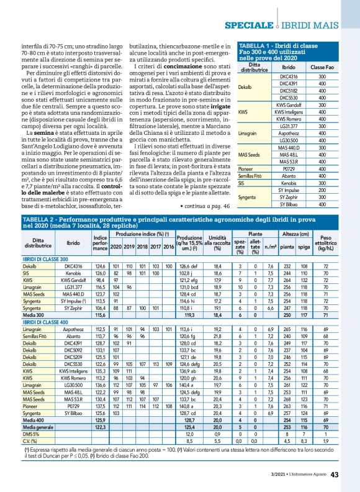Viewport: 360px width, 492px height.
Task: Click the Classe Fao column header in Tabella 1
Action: (x=322, y=66)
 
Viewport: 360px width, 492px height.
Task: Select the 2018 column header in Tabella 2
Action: (x=143, y=230)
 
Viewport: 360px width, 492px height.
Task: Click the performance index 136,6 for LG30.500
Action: (x=99, y=368)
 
